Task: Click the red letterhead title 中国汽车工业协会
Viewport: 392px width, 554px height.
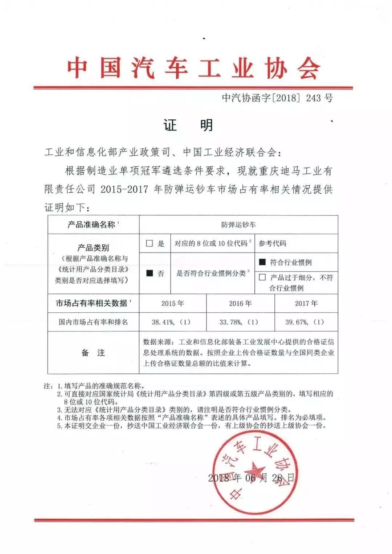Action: click(193, 68)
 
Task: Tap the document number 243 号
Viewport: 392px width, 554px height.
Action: click(319, 98)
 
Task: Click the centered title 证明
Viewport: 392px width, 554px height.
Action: click(188, 126)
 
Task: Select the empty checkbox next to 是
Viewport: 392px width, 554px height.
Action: click(149, 243)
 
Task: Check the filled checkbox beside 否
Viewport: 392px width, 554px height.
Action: click(150, 273)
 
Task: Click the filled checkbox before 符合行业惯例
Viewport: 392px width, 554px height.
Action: click(262, 262)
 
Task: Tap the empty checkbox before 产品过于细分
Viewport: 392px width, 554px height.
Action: click(262, 278)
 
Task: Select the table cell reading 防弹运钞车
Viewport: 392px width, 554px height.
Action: click(238, 225)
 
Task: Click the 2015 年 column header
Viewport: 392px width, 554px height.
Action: click(173, 303)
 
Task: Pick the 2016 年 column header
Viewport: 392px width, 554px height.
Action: click(240, 303)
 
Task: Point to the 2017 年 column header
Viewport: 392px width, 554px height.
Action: click(306, 303)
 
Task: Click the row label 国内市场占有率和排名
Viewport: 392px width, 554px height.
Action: click(93, 322)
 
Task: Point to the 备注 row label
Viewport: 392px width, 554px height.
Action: click(93, 353)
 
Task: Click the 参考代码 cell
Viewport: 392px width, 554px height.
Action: click(272, 243)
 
